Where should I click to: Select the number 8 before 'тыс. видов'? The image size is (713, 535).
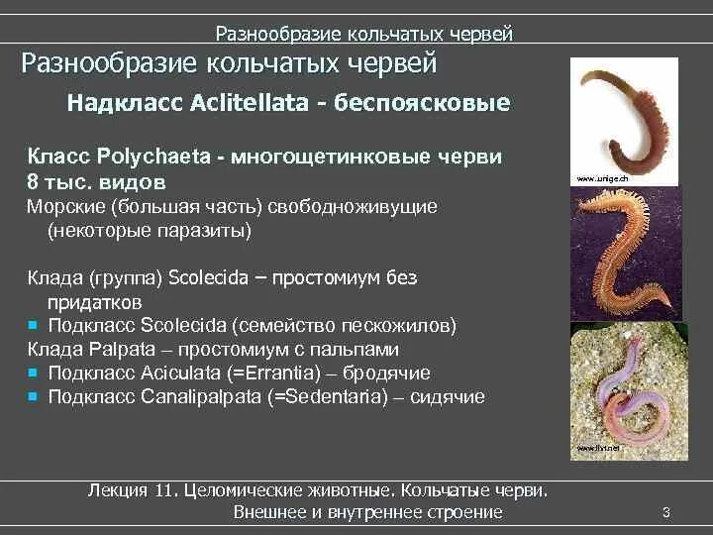[32, 182]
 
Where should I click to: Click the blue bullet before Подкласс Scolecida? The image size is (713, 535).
[33, 324]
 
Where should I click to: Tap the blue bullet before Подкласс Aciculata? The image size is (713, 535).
[33, 373]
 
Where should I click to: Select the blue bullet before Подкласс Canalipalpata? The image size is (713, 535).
[33, 396]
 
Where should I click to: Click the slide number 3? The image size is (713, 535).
[666, 512]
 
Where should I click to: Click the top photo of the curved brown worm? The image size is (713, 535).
[624, 119]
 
